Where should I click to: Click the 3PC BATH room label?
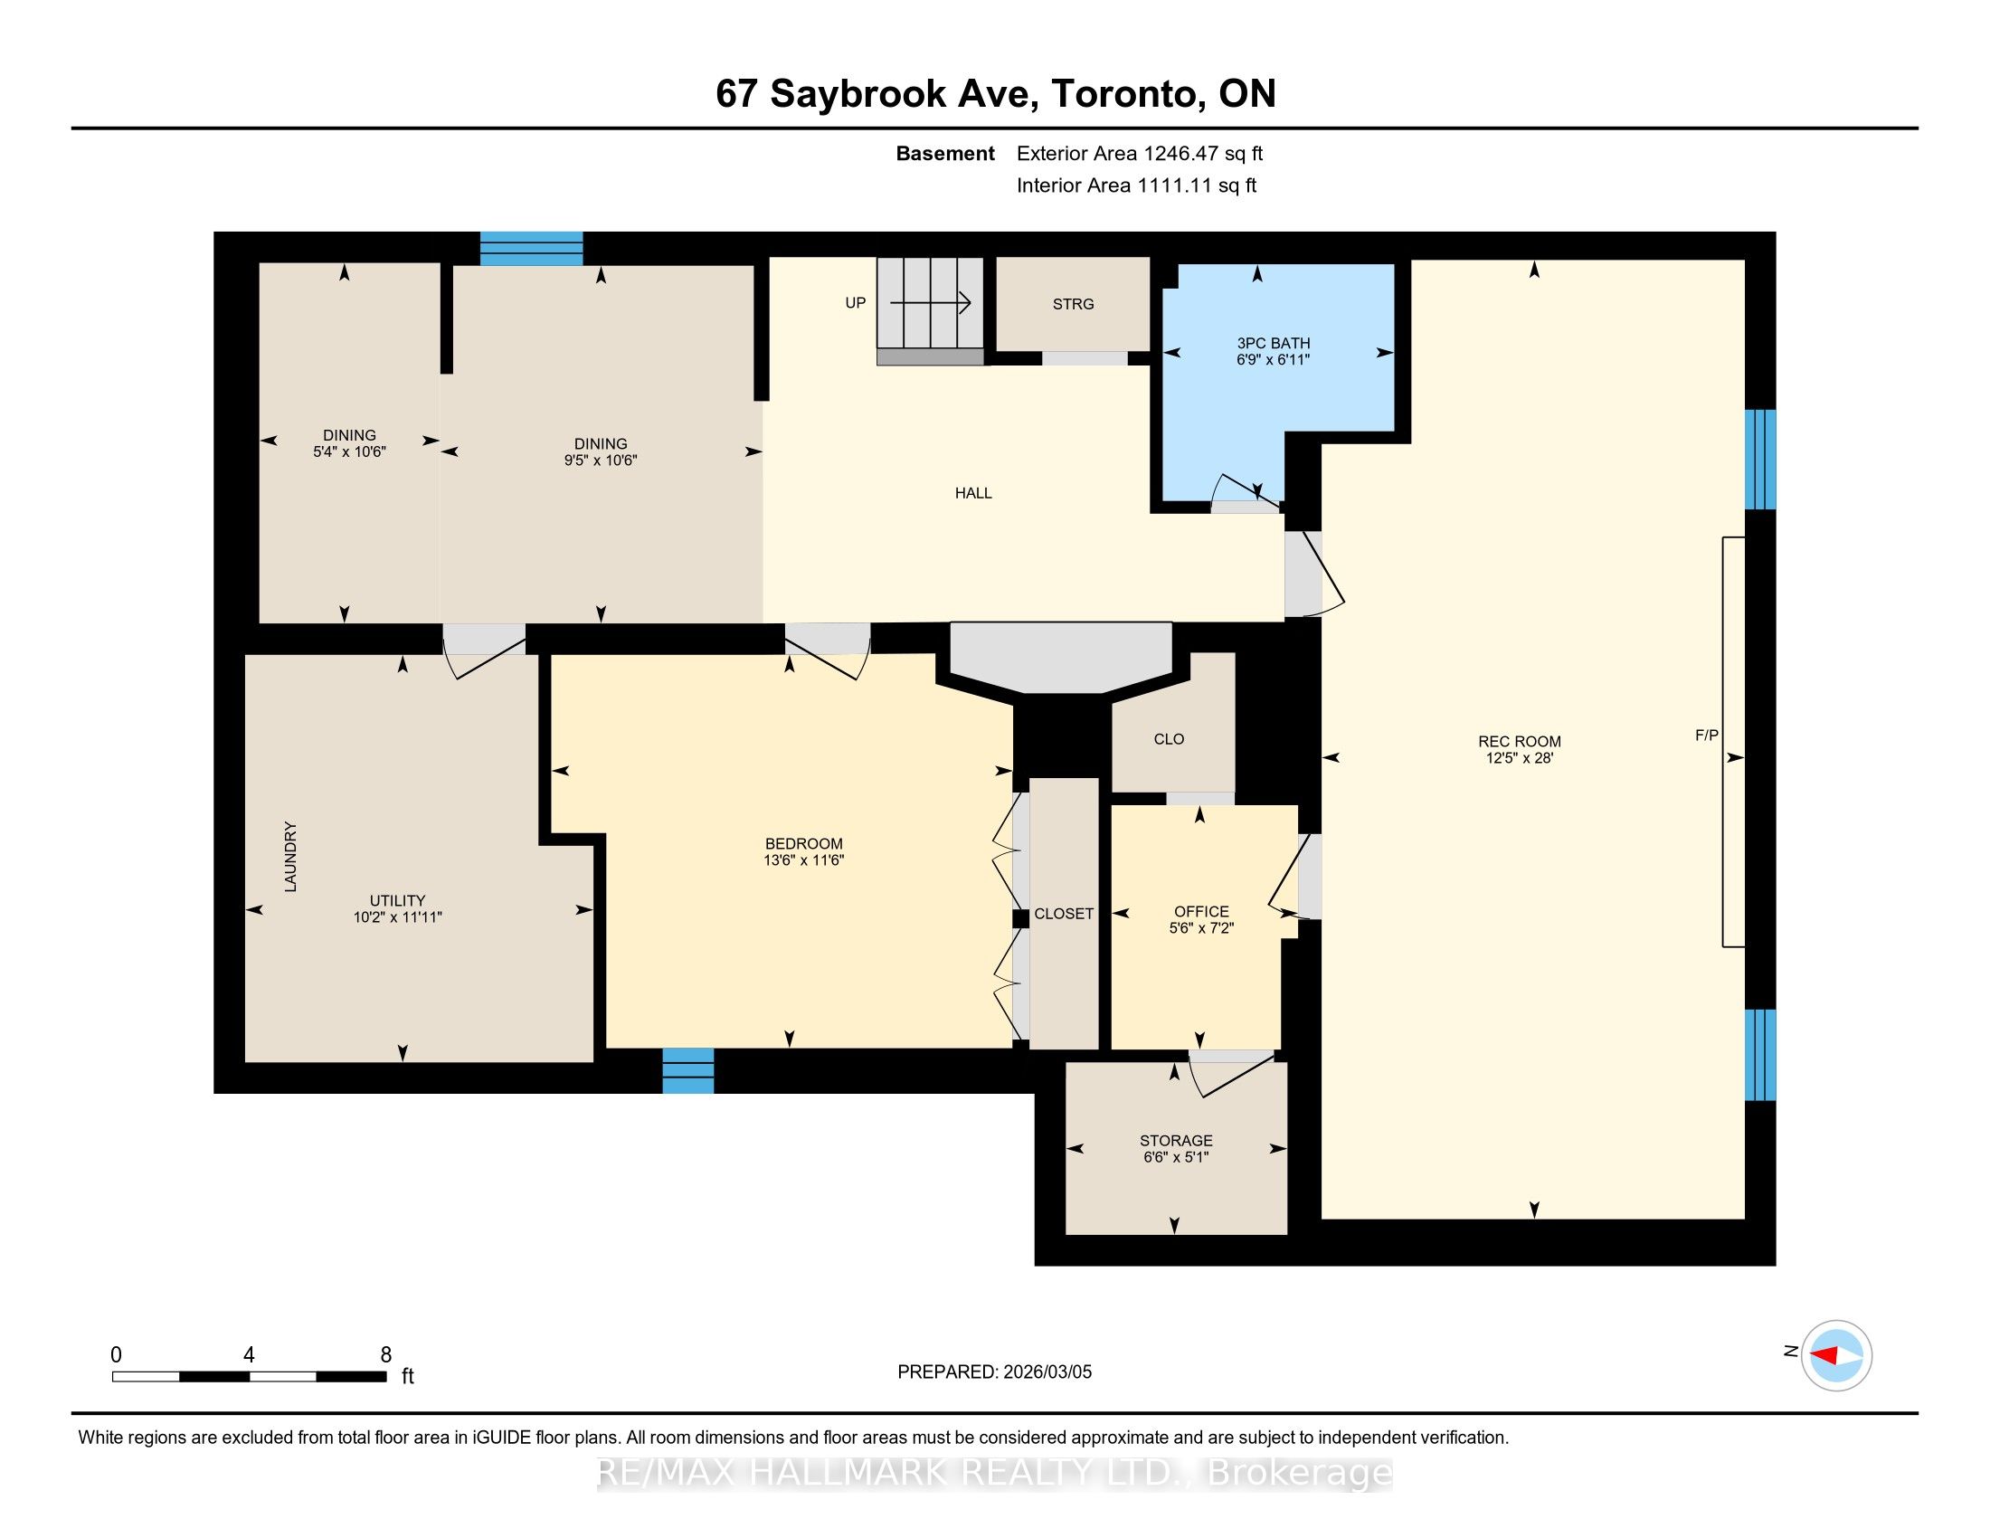tap(1273, 343)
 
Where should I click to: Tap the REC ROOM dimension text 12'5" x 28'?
tap(1519, 757)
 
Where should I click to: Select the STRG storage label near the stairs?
tap(1074, 304)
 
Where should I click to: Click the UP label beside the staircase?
tap(856, 302)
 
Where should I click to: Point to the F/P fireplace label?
tap(1707, 736)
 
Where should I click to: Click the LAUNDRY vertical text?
tap(290, 857)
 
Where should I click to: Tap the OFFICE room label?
tap(1202, 911)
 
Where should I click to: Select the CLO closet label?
tap(1169, 739)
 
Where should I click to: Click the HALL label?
tap(973, 493)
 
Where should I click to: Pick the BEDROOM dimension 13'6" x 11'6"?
tap(803, 859)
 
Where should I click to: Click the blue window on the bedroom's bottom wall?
tap(688, 1069)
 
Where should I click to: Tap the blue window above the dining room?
tap(531, 249)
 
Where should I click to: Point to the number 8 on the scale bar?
tap(386, 1355)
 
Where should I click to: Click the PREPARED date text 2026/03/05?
tap(1047, 1372)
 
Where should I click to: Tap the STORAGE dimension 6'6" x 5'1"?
tap(1175, 1157)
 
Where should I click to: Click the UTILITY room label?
tap(397, 900)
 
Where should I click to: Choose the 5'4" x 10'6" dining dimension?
tap(350, 451)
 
